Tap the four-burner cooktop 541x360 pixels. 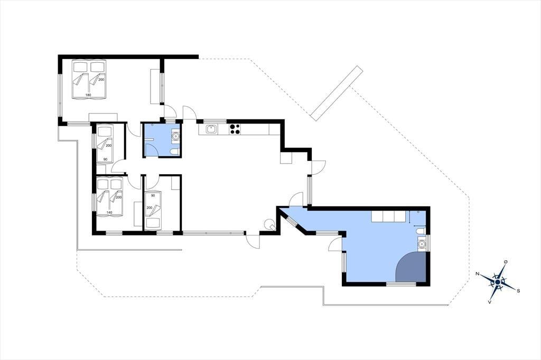[235, 129]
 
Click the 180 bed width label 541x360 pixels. [88, 94]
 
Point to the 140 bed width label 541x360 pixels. [109, 212]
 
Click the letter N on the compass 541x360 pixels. [478, 274]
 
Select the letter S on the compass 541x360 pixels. [518, 291]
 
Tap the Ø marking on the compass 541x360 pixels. [506, 262]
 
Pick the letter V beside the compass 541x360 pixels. [489, 302]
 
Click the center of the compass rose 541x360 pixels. [498, 282]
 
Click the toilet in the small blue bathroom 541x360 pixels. [175, 151]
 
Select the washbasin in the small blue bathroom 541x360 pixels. [175, 136]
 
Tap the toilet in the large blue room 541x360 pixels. [420, 231]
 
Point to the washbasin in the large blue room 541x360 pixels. [421, 244]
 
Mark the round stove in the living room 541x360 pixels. [268, 224]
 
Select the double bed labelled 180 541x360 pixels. [89, 79]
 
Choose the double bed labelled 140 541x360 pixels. [110, 196]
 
